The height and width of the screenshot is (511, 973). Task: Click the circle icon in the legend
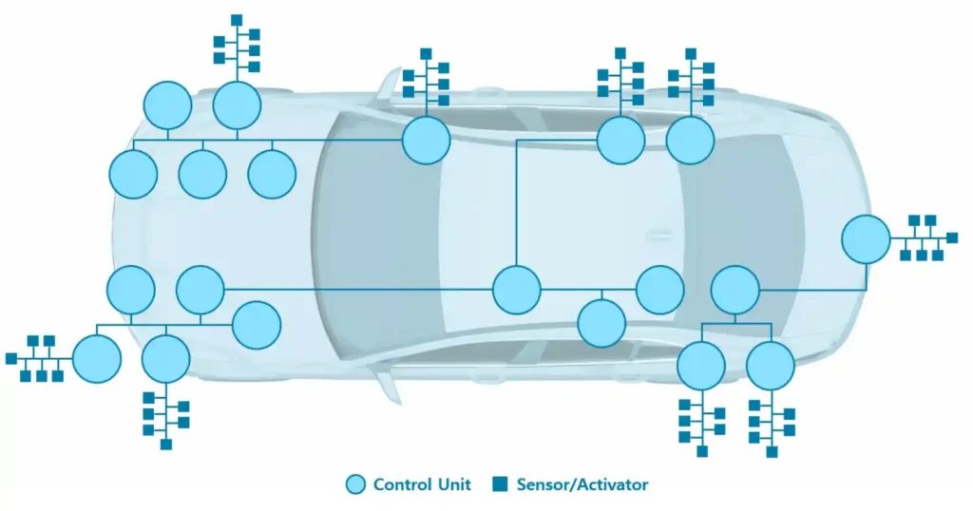(355, 484)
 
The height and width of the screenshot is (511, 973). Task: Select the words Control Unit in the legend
(422, 484)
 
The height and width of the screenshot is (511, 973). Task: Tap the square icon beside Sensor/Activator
(500, 484)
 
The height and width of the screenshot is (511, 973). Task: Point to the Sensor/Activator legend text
(582, 484)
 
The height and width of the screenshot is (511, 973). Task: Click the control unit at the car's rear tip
(866, 238)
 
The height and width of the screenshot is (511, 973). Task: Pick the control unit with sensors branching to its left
(97, 359)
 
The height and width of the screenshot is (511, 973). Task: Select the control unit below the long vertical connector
(517, 290)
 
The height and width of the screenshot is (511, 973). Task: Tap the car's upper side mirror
(390, 84)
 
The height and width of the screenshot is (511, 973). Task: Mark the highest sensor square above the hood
(237, 20)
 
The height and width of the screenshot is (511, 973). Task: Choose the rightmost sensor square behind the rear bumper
(952, 237)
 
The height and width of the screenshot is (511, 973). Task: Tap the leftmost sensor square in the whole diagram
(11, 358)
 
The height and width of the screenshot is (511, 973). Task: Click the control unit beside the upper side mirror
(426, 140)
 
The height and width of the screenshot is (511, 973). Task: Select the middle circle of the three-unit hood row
(202, 175)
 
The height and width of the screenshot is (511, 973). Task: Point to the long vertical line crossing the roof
(516, 204)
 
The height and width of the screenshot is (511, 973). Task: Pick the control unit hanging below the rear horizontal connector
(601, 324)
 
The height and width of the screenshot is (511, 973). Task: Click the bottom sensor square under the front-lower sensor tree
(166, 444)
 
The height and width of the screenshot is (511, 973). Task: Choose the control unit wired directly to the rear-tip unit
(735, 290)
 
